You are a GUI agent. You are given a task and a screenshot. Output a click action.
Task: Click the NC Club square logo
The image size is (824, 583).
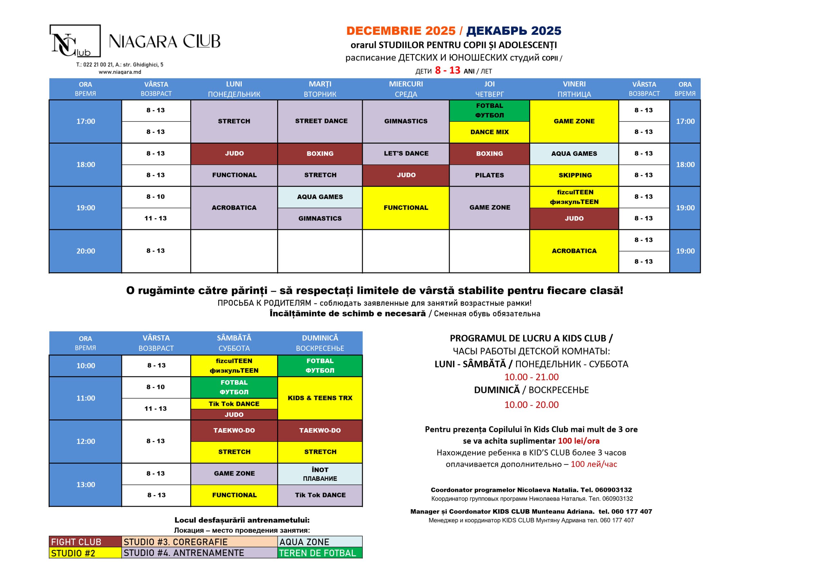click(x=75, y=41)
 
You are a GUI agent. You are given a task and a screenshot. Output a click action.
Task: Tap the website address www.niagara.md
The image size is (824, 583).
click(x=120, y=72)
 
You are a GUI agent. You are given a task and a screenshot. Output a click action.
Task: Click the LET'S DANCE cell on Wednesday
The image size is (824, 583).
click(x=406, y=154)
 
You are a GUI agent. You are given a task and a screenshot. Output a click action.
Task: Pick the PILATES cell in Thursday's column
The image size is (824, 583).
click(x=490, y=175)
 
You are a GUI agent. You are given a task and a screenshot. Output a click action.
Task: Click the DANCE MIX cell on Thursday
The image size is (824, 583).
click(x=490, y=132)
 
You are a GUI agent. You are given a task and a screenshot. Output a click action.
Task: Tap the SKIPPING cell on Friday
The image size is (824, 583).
click(x=575, y=175)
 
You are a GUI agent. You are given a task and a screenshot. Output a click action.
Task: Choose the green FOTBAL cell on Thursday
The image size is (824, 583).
click(x=490, y=110)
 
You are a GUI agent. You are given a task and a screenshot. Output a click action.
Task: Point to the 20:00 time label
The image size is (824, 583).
click(x=85, y=251)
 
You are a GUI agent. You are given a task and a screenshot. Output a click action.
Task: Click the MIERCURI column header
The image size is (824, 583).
click(x=406, y=89)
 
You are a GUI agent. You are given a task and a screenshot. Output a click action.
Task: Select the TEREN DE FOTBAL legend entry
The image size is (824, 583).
click(x=320, y=553)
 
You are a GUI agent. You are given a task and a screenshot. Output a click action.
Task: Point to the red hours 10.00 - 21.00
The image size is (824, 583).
click(x=531, y=377)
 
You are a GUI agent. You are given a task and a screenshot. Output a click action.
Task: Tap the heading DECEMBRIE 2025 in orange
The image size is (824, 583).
click(x=400, y=31)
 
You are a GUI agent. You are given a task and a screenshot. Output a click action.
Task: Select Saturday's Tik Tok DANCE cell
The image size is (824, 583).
click(x=234, y=404)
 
